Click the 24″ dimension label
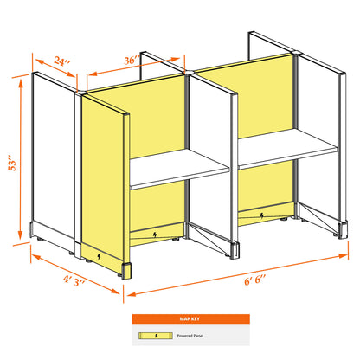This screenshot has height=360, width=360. (62, 61)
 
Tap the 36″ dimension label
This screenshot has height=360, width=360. (132, 61)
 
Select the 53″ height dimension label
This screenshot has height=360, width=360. (12, 164)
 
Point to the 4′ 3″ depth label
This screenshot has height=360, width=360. (74, 280)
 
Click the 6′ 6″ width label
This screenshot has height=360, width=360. (255, 280)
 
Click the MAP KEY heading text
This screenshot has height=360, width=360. (190, 318)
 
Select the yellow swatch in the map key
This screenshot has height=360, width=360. (156, 336)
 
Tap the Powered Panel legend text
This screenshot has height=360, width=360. (190, 336)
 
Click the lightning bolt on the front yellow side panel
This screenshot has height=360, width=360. (99, 256)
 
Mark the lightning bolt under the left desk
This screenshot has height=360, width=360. (155, 235)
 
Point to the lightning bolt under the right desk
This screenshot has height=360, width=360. (262, 215)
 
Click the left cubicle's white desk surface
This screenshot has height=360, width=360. (179, 168)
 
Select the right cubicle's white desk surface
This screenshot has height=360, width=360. (287, 148)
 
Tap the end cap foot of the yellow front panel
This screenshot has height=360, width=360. (126, 271)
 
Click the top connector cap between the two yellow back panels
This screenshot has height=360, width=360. (190, 71)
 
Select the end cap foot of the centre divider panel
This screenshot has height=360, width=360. (235, 250)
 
